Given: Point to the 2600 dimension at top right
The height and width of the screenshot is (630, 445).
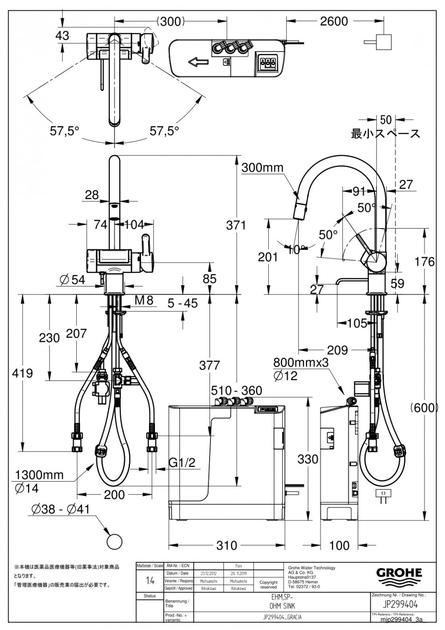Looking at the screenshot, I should point(334,21).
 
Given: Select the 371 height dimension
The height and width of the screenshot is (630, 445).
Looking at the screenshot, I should point(236,225).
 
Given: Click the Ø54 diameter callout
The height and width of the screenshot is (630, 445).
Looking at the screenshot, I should point(72,279).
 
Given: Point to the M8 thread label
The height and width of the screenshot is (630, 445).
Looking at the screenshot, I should point(144,301).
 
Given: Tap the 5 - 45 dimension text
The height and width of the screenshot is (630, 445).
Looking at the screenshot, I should point(182,303).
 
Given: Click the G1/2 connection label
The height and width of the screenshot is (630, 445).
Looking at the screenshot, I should point(182,463).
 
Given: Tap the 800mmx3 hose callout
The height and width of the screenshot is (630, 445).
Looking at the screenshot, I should point(300,362).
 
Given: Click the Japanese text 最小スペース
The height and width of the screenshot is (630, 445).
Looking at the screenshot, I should point(385,134).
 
